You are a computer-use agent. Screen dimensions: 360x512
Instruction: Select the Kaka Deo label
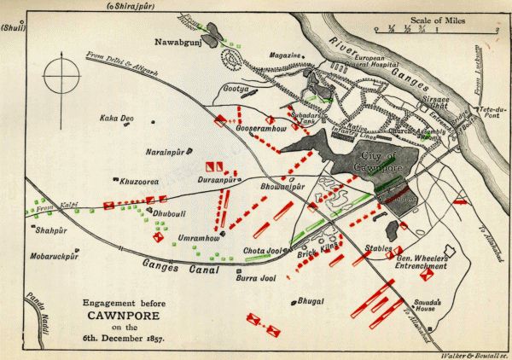click(118, 119)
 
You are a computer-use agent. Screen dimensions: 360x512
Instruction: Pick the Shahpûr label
click(53, 229)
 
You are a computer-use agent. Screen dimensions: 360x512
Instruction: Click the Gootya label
click(236, 88)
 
